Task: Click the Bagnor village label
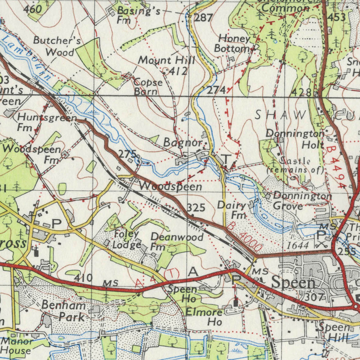pyautogui.click(x=183, y=143)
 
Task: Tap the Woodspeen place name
pyautogui.click(x=171, y=186)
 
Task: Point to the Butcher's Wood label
pyautogui.click(x=56, y=46)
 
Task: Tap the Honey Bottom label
pyautogui.click(x=234, y=44)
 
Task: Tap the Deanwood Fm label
pyautogui.click(x=176, y=242)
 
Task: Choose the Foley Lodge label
pyautogui.click(x=127, y=239)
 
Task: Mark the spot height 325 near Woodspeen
pyautogui.click(x=196, y=208)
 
